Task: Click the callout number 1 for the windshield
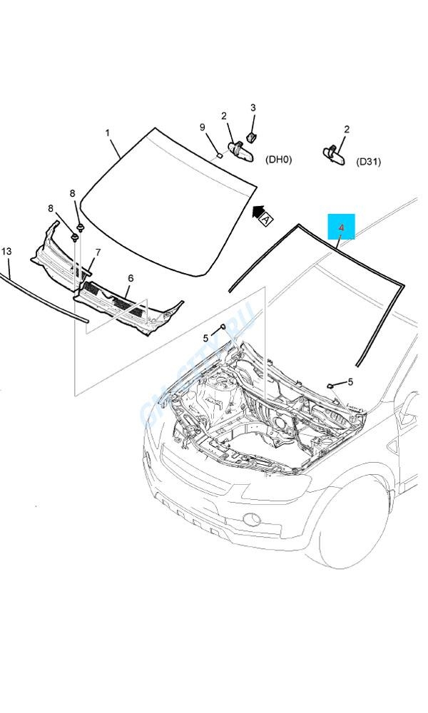(x=108, y=133)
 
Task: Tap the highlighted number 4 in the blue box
(x=341, y=228)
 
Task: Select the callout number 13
(x=6, y=252)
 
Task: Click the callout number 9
(x=203, y=128)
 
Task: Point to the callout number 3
(x=253, y=108)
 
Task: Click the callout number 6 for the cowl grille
(x=131, y=278)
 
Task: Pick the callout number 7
(x=98, y=252)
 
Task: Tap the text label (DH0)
(x=278, y=160)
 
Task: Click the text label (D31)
(x=368, y=162)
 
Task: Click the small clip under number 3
(x=252, y=135)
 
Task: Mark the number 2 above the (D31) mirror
(x=347, y=130)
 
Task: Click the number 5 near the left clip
(x=205, y=338)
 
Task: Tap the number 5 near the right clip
(x=350, y=382)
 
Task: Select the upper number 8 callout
(x=72, y=193)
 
